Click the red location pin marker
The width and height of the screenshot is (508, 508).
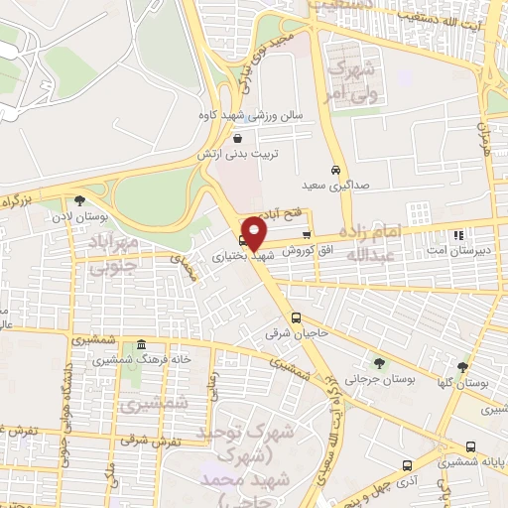point(255,234)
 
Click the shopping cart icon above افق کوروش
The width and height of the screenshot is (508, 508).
point(292,234)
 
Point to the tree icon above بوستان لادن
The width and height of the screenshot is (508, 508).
point(80,200)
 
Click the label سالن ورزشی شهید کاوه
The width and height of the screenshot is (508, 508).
point(250,115)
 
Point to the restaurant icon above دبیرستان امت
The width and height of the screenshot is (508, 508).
point(457,235)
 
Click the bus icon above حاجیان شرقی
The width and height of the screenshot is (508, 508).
point(295,317)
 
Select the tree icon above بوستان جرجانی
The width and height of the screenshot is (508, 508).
point(379,363)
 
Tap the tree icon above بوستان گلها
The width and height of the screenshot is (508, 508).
point(462,367)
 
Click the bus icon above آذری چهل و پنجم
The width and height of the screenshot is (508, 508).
point(407,464)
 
